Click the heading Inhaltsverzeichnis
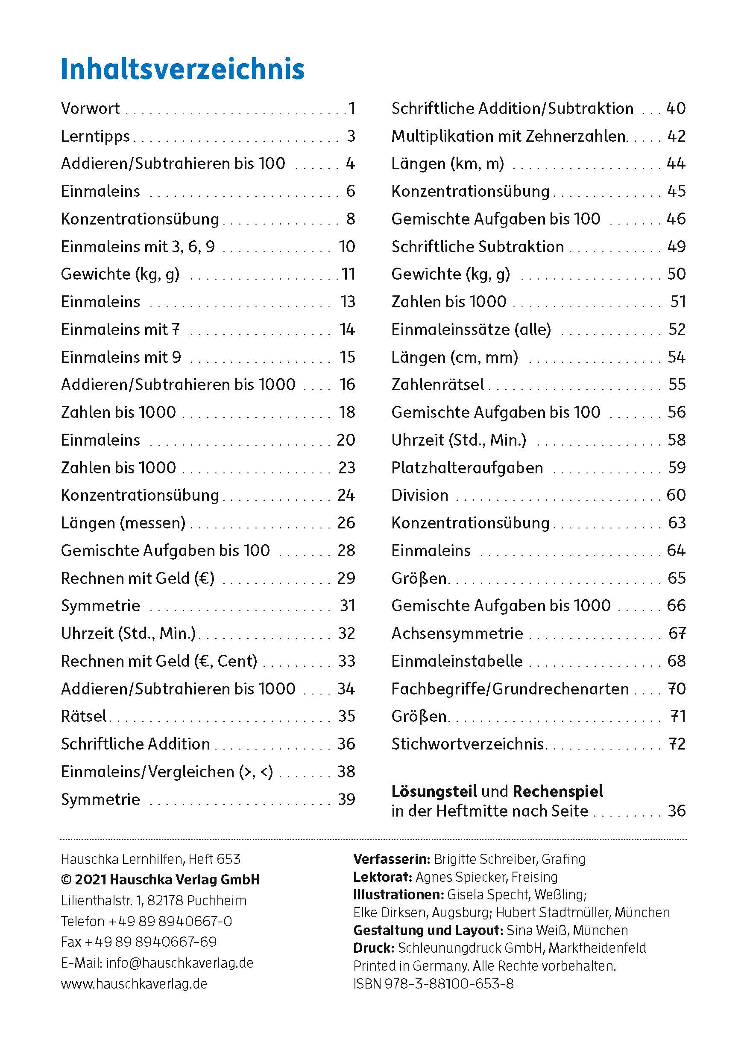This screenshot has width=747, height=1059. [182, 69]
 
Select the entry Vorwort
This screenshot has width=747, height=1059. [91, 108]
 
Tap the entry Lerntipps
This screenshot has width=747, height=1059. [95, 136]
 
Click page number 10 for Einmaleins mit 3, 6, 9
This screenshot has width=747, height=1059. [347, 247]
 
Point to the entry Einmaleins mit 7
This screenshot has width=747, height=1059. [120, 330]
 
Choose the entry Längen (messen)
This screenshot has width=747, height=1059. [123, 522]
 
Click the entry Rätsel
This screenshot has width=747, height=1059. [84, 716]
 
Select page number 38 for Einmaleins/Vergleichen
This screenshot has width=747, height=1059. [346, 771]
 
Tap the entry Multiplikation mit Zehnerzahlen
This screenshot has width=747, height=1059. [508, 136]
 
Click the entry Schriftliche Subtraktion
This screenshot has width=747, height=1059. [477, 247]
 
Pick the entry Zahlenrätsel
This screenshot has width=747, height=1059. [437, 384]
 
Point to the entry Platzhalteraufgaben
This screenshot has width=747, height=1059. [467, 468]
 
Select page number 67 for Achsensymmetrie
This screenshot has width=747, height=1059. [677, 633]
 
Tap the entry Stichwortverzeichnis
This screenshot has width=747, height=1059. [467, 744]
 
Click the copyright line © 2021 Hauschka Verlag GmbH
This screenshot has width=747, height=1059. [160, 880]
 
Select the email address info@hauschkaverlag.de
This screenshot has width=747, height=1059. [179, 963]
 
